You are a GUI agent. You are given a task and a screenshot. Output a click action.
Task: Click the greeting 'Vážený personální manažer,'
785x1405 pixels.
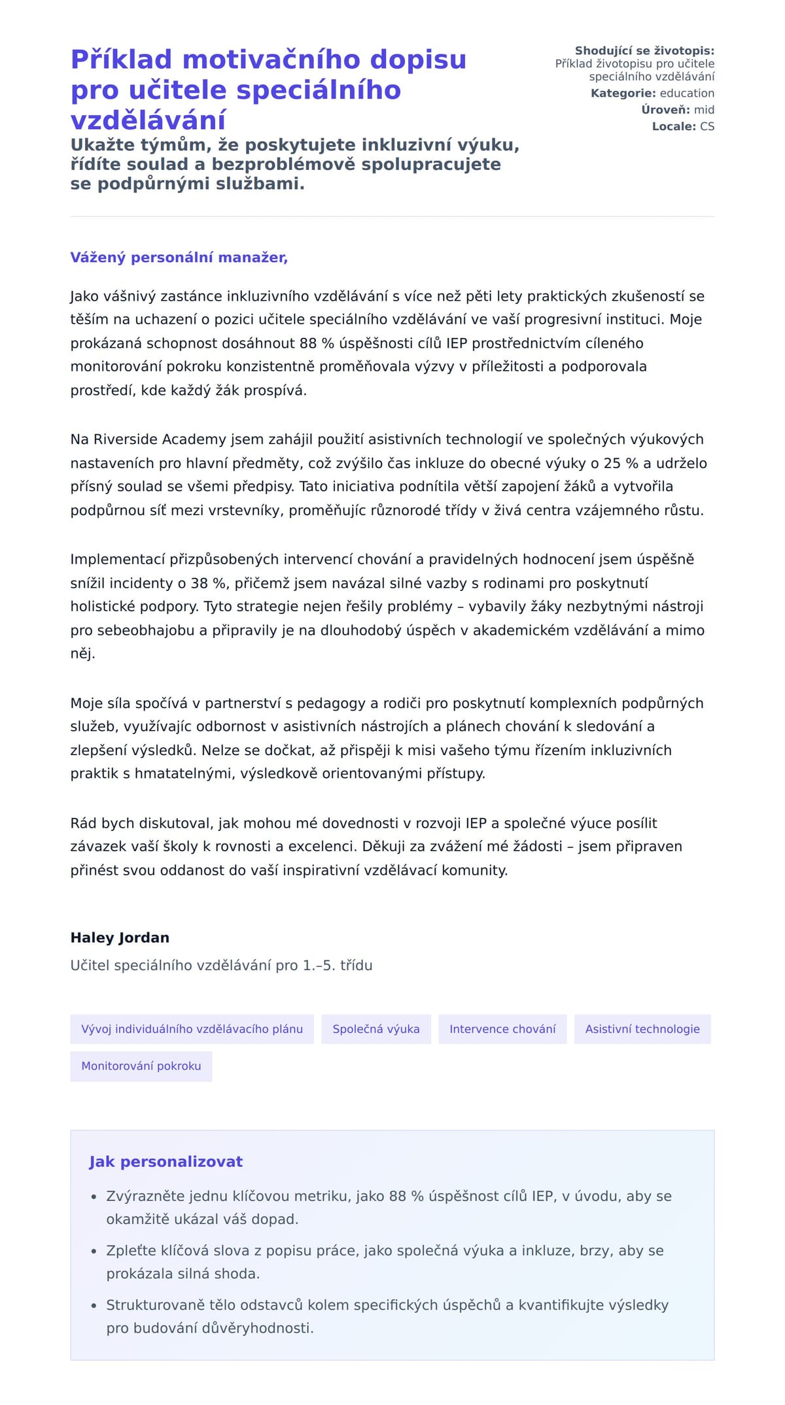(179, 258)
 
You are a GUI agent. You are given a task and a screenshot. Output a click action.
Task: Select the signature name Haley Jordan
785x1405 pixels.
(120, 938)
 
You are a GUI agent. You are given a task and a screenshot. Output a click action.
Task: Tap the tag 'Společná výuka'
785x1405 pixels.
(376, 1029)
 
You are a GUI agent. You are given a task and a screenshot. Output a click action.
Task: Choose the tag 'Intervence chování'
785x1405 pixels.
(502, 1029)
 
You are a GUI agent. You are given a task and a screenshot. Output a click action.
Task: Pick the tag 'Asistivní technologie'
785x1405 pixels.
(642, 1029)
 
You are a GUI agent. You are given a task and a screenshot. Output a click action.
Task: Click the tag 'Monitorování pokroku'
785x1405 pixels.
(141, 1066)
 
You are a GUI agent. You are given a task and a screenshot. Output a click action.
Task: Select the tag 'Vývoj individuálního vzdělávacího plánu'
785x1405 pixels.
(192, 1029)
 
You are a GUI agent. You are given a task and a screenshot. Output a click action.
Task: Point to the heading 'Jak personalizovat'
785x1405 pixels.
(166, 1162)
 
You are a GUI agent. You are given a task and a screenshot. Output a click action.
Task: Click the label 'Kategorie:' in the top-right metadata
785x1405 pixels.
(623, 93)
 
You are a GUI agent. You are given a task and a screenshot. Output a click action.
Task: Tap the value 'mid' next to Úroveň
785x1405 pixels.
(704, 110)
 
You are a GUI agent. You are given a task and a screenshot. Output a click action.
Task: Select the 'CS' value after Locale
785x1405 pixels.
(707, 126)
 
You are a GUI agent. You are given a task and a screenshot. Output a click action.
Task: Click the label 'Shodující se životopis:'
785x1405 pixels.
(644, 51)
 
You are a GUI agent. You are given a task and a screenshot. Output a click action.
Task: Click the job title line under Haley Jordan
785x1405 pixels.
(221, 966)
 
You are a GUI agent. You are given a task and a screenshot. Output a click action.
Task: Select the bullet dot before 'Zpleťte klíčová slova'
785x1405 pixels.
(94, 1251)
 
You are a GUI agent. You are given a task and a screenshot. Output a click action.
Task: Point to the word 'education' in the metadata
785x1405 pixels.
(687, 93)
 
